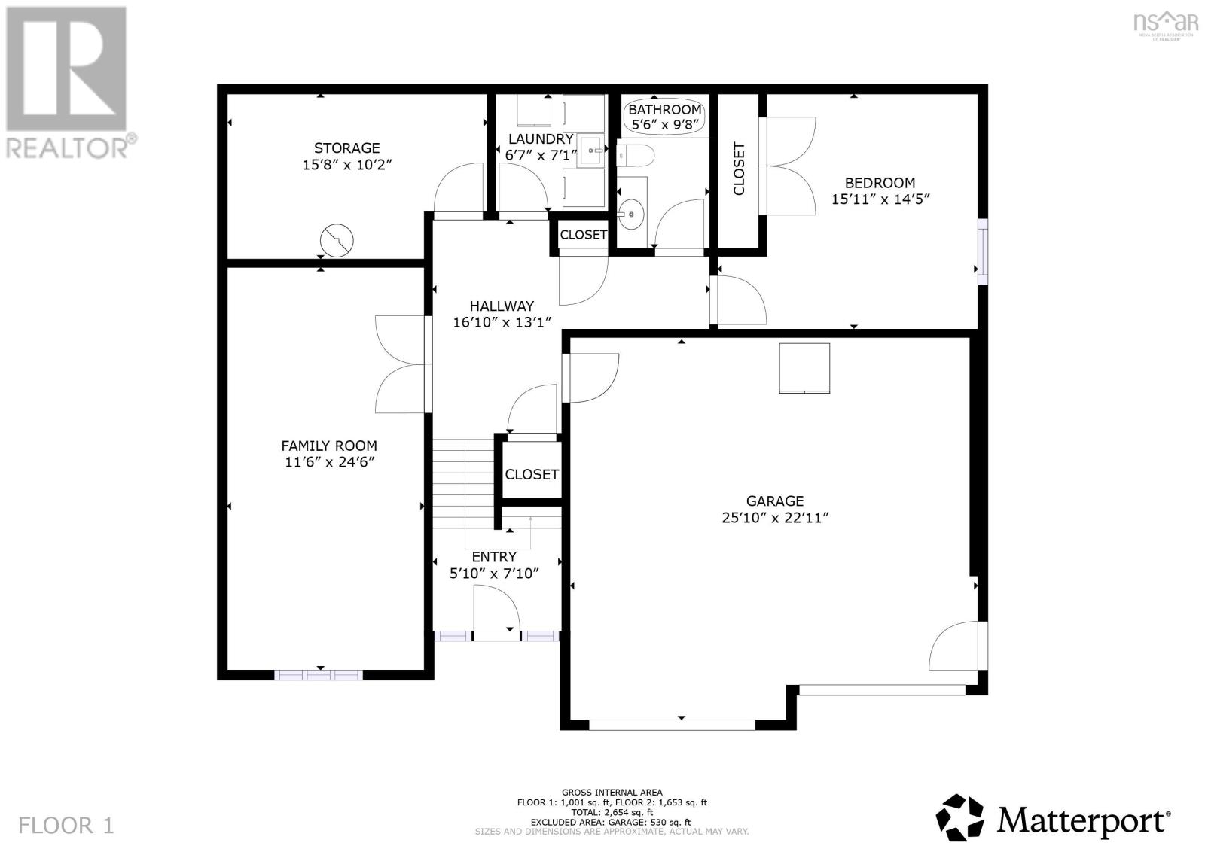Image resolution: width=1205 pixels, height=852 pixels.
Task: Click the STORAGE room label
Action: [346, 148]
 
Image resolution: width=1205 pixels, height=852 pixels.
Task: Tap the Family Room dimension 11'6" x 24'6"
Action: [329, 462]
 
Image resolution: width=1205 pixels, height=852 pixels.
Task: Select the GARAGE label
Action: [774, 501]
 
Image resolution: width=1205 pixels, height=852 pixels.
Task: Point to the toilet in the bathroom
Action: [635, 156]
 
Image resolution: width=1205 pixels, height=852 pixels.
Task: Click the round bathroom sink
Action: [631, 215]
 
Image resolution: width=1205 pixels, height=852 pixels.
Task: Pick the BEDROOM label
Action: [880, 183]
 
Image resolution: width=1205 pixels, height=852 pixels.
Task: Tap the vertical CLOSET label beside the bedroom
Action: [739, 169]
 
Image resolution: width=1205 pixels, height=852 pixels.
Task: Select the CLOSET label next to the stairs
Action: [532, 474]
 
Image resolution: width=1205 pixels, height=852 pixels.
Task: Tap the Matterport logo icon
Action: [960, 817]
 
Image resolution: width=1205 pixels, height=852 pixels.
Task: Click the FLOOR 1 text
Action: [66, 825]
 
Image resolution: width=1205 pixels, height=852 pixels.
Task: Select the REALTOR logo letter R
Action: [66, 68]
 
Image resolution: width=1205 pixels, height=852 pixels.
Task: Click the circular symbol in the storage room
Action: [337, 241]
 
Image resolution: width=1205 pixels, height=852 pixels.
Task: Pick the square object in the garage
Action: [804, 368]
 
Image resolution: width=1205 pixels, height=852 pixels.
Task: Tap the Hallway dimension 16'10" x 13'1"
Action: [502, 322]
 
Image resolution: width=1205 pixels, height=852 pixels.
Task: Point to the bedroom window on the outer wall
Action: [982, 251]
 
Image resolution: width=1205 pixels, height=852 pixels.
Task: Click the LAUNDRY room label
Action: [540, 139]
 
